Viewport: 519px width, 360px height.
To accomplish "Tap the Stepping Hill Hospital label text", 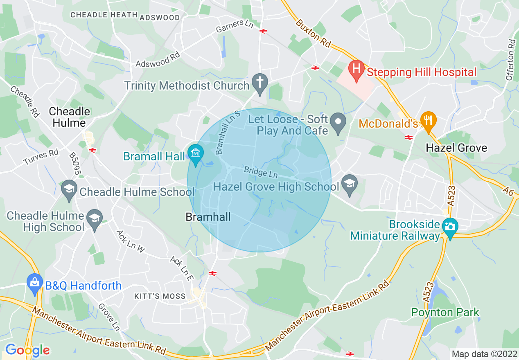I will coord(422,72).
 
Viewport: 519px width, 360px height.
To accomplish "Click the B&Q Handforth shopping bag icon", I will coord(34,283).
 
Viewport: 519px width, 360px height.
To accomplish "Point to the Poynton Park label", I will coord(445,313).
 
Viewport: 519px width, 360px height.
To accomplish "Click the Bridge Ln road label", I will coord(260,172).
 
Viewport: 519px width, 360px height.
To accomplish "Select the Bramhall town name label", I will coord(208,217).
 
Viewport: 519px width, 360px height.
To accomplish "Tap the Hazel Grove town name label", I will coord(456,148).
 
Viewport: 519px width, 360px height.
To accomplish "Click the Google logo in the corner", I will coord(27,350).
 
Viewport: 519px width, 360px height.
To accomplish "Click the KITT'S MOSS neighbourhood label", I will coord(160,296).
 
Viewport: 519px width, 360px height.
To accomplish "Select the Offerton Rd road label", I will coord(510,60).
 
